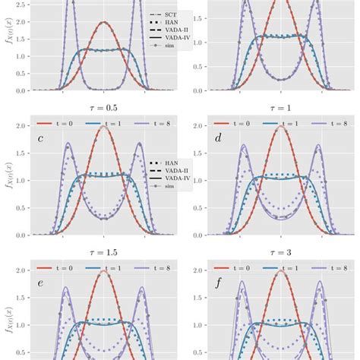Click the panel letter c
tap(40, 138)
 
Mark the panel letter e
tap(40, 285)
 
